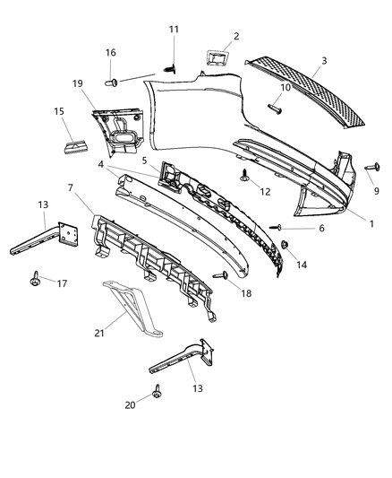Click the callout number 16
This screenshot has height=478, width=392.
point(111,53)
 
